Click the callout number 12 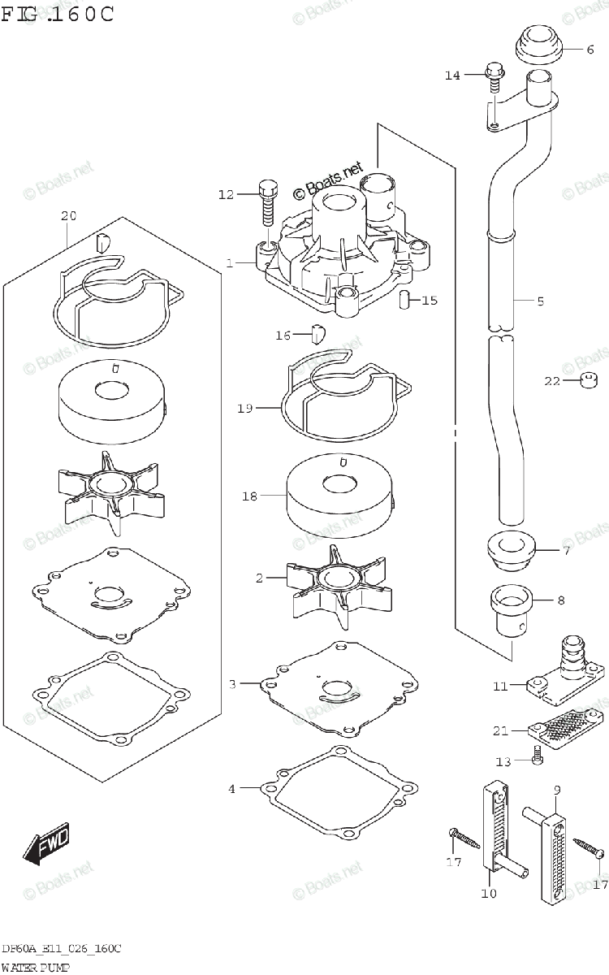(225, 194)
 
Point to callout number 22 (552, 382)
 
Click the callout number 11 (499, 686)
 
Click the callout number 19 (245, 408)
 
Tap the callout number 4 (231, 788)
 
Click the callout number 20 (68, 216)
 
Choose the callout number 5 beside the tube (540, 301)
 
